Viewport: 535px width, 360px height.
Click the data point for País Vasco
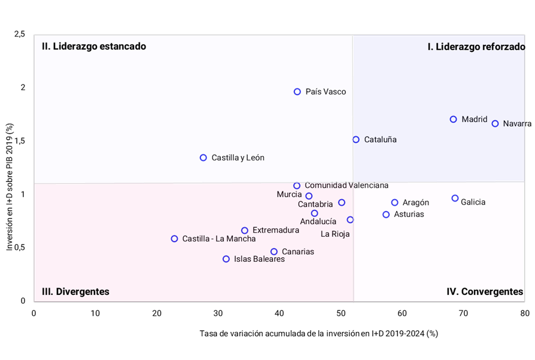[297, 91]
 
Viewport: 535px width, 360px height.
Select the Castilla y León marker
[203, 158]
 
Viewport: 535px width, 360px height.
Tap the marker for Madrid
[454, 120]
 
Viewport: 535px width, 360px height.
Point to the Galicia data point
[455, 199]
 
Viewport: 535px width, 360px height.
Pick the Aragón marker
[394, 203]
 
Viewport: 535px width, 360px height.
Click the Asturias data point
[386, 214]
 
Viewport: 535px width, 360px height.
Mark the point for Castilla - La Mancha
[174, 239]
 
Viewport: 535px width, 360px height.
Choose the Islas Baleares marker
[226, 259]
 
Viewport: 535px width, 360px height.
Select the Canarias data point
[273, 252]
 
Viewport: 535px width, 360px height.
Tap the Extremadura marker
[245, 230]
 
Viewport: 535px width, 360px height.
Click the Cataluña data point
[356, 139]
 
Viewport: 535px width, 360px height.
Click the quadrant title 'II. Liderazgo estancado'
[94, 46]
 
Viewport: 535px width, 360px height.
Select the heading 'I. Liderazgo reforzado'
[476, 47]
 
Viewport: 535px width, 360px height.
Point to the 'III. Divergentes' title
[75, 292]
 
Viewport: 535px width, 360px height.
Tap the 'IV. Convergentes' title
[485, 292]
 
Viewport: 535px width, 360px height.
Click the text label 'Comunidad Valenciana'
[346, 185]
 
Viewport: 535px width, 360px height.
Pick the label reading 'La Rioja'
[335, 234]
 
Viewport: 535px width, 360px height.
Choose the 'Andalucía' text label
[318, 222]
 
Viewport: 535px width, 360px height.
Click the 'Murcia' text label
[290, 194]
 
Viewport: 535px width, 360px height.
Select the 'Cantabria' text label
[315, 205]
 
